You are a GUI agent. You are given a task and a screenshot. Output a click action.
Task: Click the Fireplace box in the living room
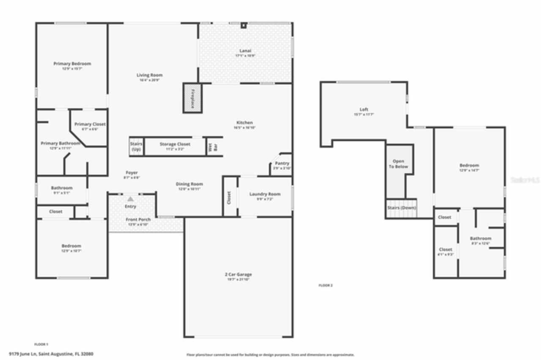192,98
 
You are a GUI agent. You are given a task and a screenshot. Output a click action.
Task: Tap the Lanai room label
245,51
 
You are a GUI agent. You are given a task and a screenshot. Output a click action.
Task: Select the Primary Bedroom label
72,64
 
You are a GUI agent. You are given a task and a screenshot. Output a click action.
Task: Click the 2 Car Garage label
238,275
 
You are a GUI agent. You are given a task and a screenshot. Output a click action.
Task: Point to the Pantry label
281,164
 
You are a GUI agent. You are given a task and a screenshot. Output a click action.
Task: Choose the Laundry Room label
265,194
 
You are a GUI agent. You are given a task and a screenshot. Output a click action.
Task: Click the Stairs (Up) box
136,147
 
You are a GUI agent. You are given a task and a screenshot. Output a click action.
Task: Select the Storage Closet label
175,145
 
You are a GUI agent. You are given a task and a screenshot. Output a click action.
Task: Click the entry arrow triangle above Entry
131,199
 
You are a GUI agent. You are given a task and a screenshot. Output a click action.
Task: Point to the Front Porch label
138,220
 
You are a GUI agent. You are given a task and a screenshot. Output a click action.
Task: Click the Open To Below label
398,164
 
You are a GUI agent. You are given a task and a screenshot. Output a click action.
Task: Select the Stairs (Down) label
402,208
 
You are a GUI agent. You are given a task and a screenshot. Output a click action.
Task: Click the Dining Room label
189,184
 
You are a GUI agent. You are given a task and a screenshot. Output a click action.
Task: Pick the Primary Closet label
90,124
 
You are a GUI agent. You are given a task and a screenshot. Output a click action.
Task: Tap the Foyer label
131,173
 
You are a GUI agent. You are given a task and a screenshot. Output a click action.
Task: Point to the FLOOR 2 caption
325,286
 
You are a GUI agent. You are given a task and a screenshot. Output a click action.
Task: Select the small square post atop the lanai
243,25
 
